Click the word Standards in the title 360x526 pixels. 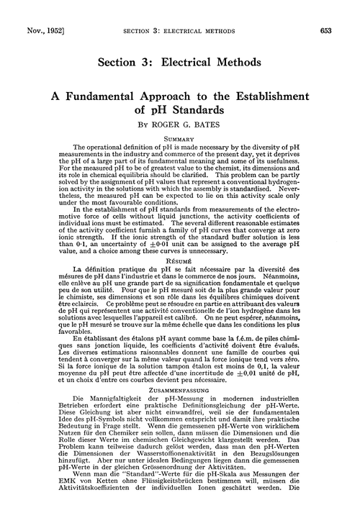click(200, 114)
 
